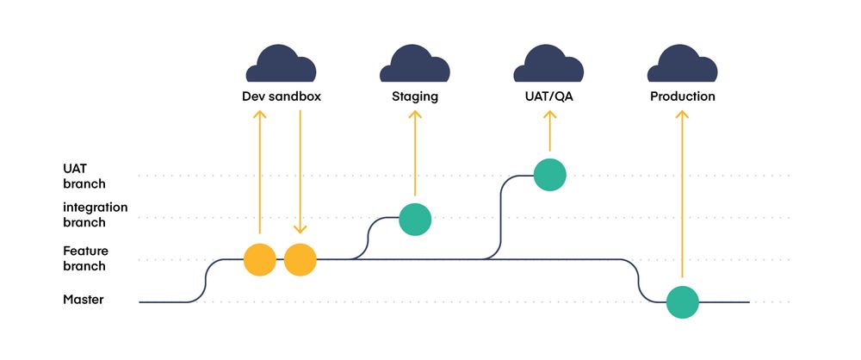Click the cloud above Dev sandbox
281,64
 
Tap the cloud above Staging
414,64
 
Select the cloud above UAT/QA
548,64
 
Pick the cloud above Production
682,64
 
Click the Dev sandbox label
282,96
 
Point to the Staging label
415,96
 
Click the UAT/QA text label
549,96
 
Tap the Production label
683,96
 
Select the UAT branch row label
84,176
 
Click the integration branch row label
96,214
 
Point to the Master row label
84,300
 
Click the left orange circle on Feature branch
259,259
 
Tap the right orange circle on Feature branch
300,259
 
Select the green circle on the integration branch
415,219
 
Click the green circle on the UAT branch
549,175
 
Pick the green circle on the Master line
682,302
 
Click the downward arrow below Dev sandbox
300,172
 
